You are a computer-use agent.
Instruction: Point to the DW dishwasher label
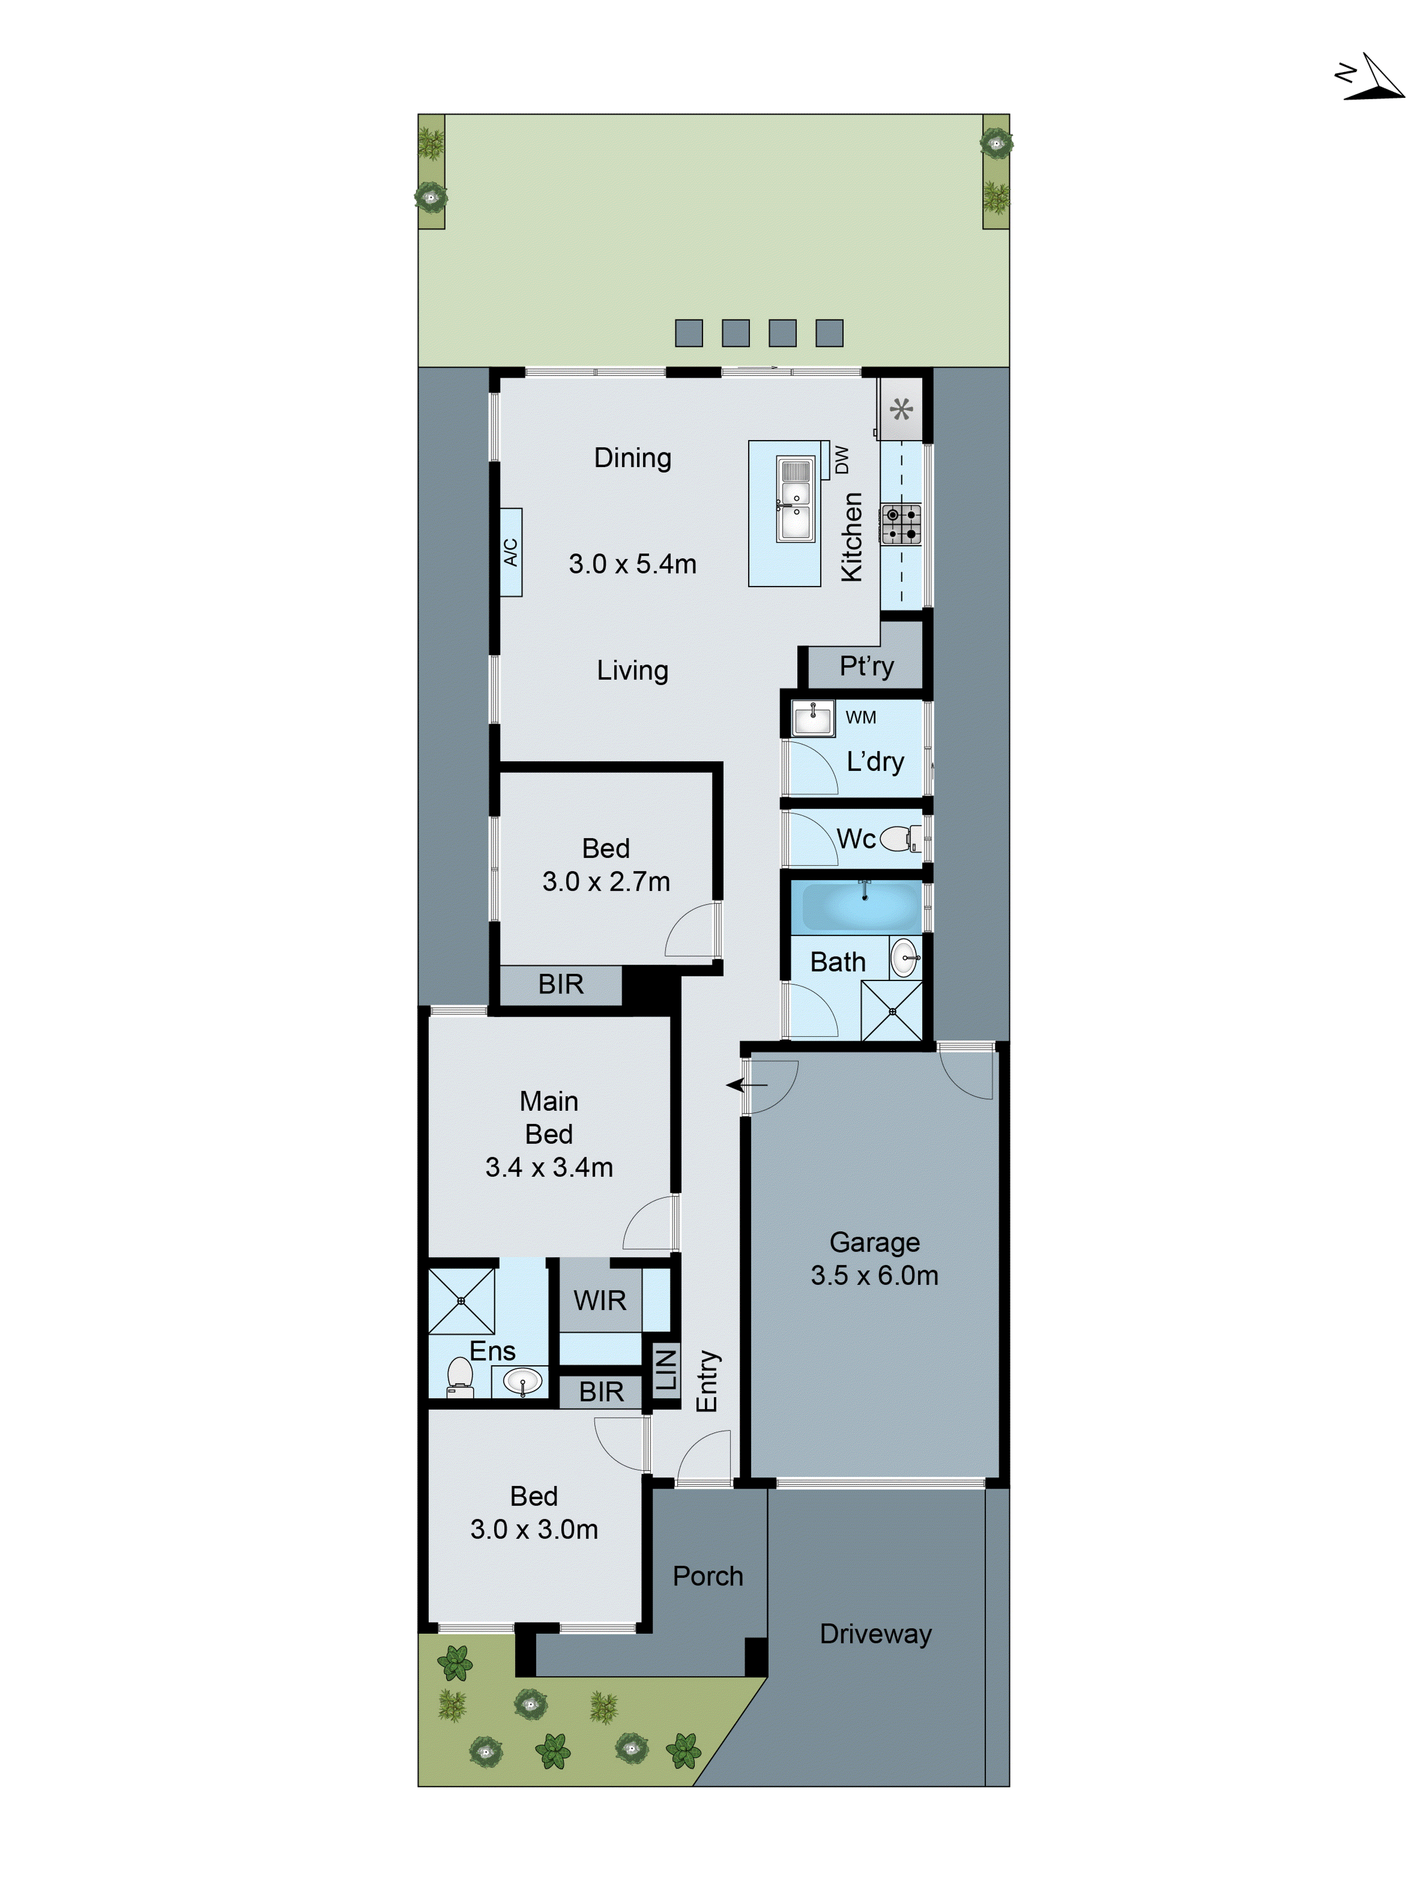tap(842, 460)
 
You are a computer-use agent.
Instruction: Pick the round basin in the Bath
tap(904, 958)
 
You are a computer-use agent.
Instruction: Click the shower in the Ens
tap(461, 1301)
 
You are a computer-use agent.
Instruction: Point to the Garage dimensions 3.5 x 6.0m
tap(874, 1275)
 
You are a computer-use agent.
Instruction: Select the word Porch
tap(707, 1575)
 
